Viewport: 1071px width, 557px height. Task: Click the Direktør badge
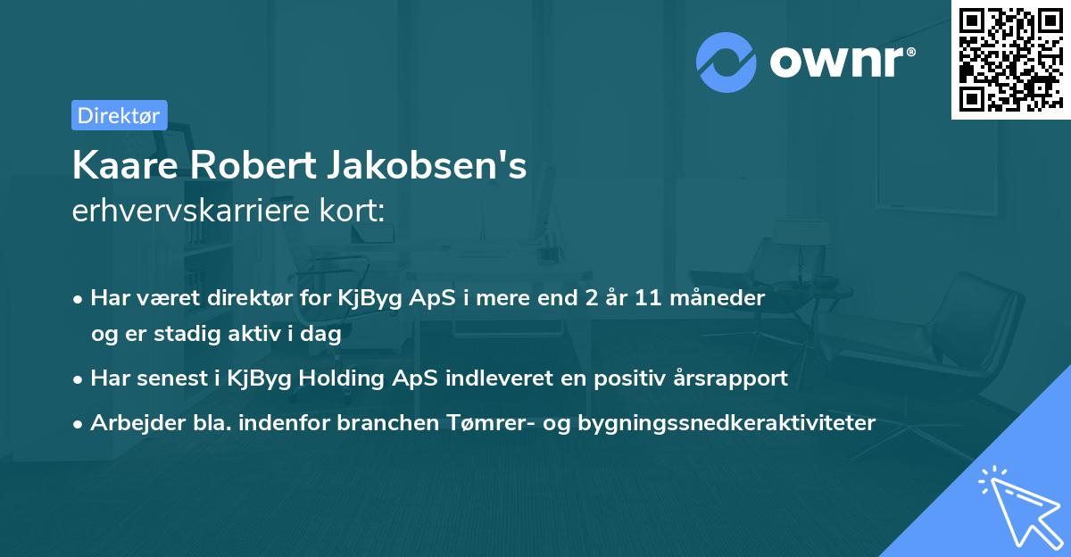[119, 115]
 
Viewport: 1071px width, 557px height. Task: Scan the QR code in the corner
[1010, 60]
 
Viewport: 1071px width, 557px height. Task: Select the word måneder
[724, 298]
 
